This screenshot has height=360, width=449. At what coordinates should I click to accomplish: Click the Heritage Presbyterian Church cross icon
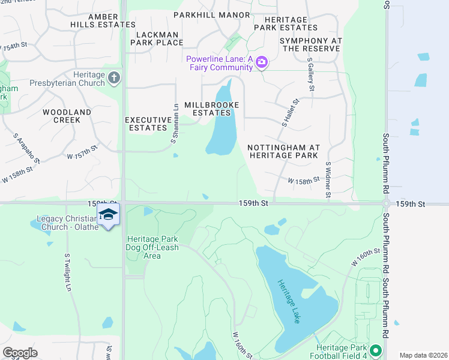point(114,77)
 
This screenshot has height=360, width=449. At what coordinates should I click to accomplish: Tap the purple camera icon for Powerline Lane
point(261,62)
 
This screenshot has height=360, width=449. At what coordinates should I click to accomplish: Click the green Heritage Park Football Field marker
point(376,350)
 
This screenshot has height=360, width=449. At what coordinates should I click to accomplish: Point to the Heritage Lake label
point(288,302)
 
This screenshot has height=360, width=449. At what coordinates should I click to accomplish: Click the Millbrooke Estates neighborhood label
point(211,109)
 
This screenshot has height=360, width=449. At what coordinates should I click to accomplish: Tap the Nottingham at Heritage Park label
point(284,151)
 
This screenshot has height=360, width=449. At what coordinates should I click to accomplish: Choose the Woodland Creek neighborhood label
point(67,116)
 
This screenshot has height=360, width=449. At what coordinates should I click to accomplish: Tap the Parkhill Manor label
point(203,14)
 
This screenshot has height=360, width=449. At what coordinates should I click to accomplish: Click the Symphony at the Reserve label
point(310,44)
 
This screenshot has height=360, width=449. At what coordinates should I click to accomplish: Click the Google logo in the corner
point(20,353)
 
